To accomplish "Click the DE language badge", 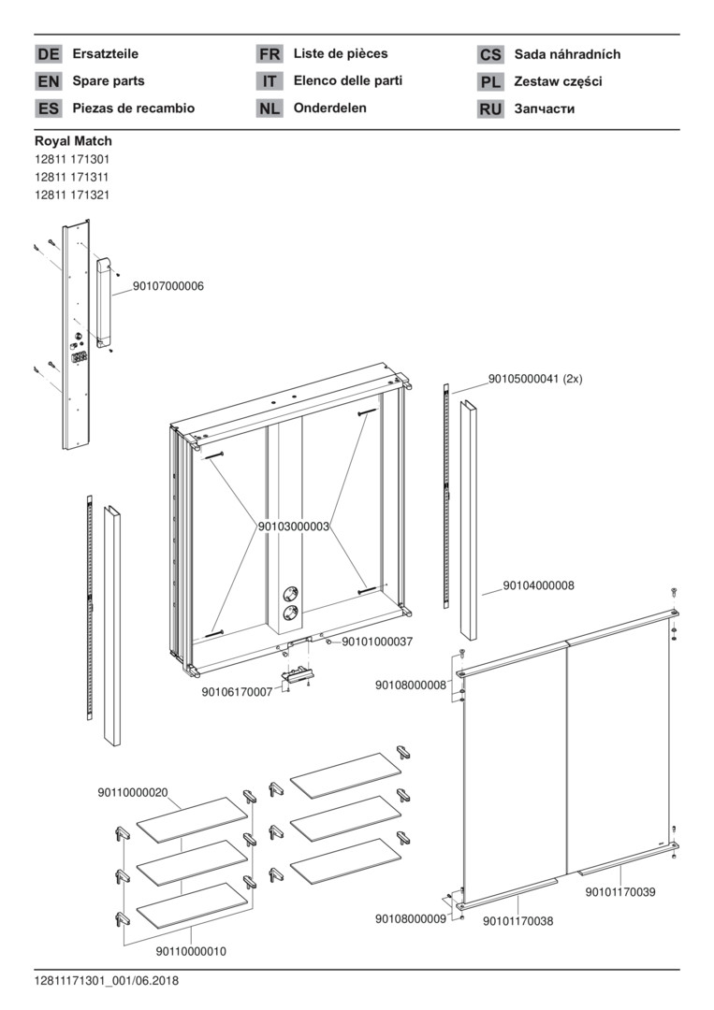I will point(49,55).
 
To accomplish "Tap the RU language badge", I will point(490,109).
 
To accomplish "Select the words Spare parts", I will point(109,81).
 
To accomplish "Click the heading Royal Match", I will point(73,141).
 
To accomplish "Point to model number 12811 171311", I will point(72,177).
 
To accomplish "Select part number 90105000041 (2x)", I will point(535,379).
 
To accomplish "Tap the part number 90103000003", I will point(294,527).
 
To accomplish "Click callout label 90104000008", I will point(538,585).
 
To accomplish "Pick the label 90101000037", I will point(377,642).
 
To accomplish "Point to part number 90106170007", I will point(237,692).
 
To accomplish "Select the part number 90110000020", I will point(133,793).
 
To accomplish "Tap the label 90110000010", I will point(191,951).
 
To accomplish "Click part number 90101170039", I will point(620,892).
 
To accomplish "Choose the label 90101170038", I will point(517,921).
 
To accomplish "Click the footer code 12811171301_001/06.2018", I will point(107,981).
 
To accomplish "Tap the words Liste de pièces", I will point(341,54).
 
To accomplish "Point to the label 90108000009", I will point(411,919).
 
